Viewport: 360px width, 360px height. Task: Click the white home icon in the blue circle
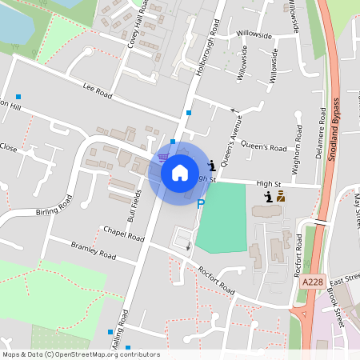[x=180, y=172]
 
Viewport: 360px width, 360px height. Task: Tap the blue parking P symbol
[x=201, y=204]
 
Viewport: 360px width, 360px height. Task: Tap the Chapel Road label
[x=123, y=234]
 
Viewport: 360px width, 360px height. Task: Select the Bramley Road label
[x=93, y=250]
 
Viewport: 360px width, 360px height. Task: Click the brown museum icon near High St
[x=281, y=195]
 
